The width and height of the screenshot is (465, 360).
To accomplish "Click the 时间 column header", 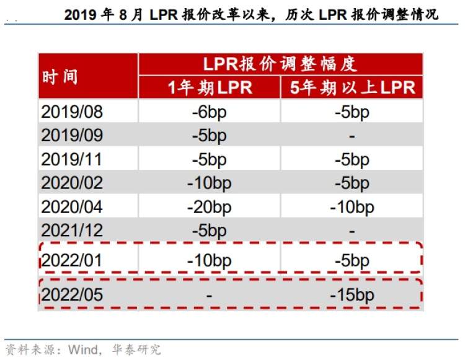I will coord(60,77).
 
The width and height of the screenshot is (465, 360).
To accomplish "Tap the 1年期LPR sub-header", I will coord(210,87).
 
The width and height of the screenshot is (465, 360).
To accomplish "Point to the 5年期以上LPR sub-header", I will coord(352,87).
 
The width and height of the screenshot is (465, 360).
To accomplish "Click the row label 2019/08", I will coord(72,112).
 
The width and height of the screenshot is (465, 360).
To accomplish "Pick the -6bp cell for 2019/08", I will coord(210,112).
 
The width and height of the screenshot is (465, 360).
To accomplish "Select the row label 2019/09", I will coord(72,135).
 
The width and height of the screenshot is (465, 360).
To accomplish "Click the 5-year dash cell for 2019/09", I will coord(352,135).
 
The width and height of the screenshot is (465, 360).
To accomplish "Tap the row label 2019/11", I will coord(72,159).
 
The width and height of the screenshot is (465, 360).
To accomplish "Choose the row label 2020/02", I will coord(72,183).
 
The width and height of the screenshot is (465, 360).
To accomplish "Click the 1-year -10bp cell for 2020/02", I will coord(210,183).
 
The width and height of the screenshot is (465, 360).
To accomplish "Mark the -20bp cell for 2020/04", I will coord(210,206).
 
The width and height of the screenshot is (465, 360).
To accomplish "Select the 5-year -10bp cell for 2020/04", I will coord(352,206).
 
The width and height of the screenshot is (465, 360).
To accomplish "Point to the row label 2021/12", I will coord(72,230).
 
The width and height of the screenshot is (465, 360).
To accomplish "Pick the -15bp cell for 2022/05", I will coord(352,295).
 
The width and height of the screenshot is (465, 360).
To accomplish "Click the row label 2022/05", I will coord(72,295).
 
